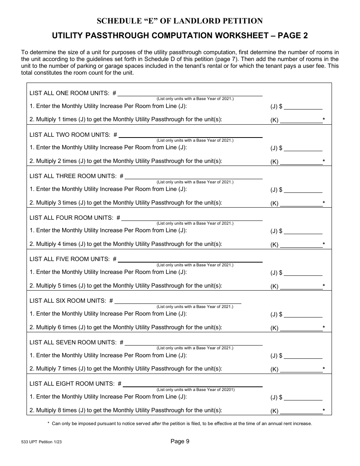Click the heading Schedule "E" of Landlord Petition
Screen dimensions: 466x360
[180, 21]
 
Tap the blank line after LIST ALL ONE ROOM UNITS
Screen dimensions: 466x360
[192, 94]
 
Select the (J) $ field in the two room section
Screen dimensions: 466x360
[303, 148]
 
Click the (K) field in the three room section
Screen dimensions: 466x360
[301, 203]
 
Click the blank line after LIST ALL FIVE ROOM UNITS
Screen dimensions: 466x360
[190, 260]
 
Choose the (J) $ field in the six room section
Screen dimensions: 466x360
[303, 314]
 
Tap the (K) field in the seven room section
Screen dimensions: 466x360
[301, 369]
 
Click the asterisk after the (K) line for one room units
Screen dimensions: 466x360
[324, 120]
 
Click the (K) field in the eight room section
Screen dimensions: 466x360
[301, 411]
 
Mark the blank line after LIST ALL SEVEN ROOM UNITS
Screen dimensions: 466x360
[193, 342]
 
